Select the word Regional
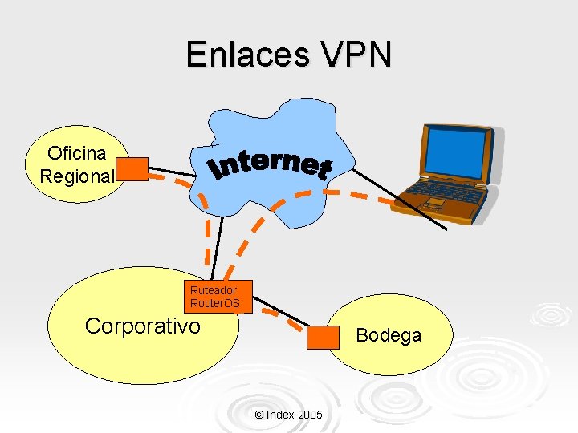pos(77,176)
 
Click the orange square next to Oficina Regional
pos(132,169)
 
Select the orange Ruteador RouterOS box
pos(214,296)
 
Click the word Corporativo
pos(142,326)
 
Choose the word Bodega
pos(389,335)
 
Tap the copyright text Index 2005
pos(288,415)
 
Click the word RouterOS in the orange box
pos(214,303)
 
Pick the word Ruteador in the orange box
pos(214,289)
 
